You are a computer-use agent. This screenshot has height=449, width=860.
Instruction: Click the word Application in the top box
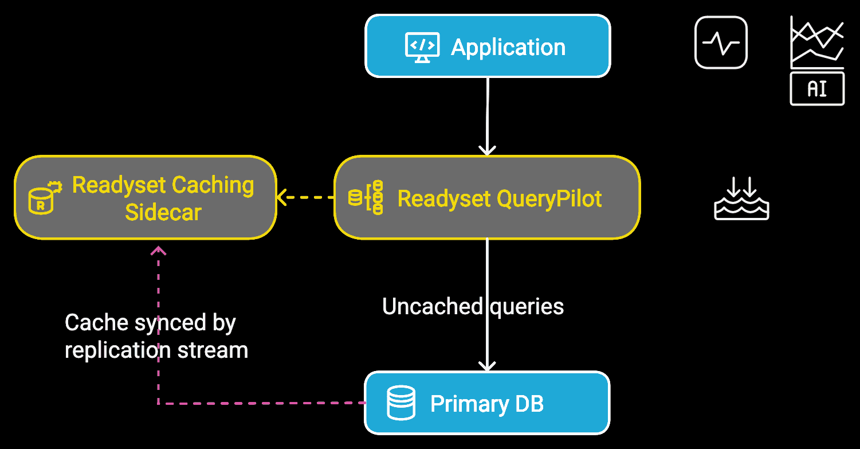tap(508, 47)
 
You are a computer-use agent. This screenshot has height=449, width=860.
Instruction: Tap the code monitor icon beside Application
tap(422, 47)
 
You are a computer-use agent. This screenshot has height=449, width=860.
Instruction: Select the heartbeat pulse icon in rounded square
tap(721, 42)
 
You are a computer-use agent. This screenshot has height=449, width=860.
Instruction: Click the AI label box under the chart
tap(817, 89)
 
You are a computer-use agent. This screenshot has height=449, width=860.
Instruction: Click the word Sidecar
tap(163, 212)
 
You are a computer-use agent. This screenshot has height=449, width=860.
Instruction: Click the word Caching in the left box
tap(213, 185)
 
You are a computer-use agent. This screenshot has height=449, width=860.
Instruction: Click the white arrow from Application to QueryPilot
tap(487, 115)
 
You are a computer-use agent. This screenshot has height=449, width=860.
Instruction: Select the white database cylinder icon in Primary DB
tap(401, 403)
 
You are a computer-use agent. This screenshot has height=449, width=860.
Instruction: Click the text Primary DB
tap(487, 404)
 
